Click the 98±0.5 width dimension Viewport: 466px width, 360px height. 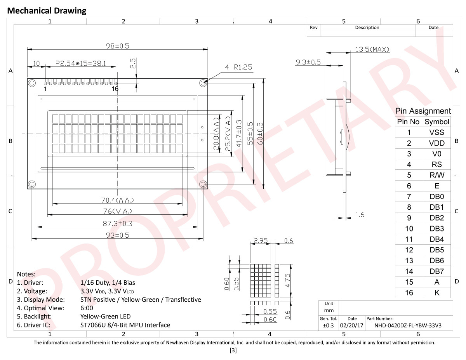118,46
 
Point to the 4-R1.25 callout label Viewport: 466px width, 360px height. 238,67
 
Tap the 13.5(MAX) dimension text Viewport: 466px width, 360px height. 372,49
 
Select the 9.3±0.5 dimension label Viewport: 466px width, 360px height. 308,62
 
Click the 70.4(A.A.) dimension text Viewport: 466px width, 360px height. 118,200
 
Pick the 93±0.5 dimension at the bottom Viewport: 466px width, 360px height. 118,235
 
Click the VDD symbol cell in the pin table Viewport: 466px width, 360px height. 436,143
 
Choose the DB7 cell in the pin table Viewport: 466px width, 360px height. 436,271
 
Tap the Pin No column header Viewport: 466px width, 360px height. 408,122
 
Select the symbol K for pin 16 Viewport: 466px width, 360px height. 436,292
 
